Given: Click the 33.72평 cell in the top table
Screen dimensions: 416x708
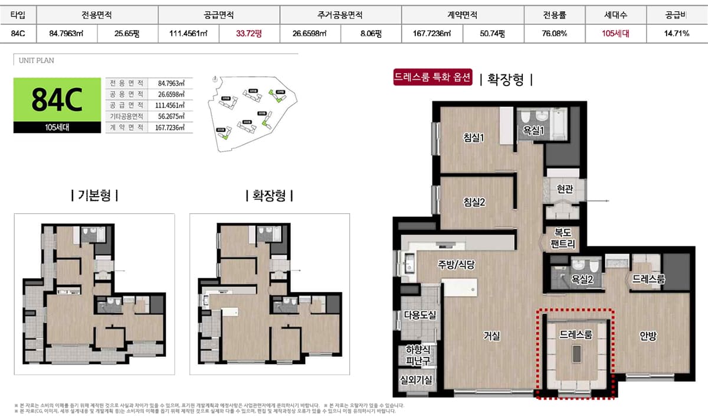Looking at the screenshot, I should click(248, 34).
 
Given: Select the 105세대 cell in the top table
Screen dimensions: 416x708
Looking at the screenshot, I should click(615, 34).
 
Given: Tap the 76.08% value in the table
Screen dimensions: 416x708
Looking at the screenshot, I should click(554, 34).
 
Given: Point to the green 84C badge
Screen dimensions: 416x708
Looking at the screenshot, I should click(56, 99).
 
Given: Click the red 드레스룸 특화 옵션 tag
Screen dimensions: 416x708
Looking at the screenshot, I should click(434, 78).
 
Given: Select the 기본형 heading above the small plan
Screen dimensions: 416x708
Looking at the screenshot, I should click(94, 195).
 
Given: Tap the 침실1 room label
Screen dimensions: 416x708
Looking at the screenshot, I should click(474, 138).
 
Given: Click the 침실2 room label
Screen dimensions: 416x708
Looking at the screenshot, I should click(474, 202).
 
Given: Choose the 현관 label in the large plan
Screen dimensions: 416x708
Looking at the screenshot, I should click(565, 189).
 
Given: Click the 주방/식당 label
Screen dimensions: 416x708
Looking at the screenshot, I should click(456, 265).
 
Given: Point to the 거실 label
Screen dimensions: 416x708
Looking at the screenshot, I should click(491, 336).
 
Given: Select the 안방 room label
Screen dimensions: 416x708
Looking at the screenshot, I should click(648, 336).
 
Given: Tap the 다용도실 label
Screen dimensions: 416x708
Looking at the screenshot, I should click(419, 315).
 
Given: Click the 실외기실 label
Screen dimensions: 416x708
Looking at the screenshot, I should click(417, 380).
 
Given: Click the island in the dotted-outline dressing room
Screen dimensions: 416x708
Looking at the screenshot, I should click(575, 354).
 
